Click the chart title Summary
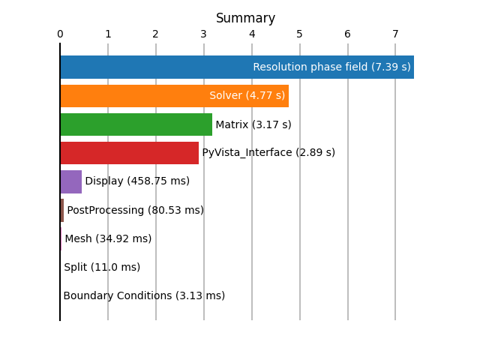[x=245, y=18]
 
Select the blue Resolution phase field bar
[x=237, y=67]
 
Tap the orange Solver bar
[x=175, y=96]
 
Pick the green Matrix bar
[x=136, y=124]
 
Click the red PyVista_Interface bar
[x=130, y=153]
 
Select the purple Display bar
[x=71, y=181]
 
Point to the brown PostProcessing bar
[x=62, y=210]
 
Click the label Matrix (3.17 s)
[x=253, y=124]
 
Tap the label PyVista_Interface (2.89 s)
[x=268, y=152]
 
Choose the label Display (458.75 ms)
[x=137, y=181]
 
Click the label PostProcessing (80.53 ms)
[x=135, y=210]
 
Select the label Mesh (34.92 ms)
[x=108, y=238]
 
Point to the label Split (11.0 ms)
[x=102, y=267]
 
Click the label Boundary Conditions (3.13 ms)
[x=144, y=295]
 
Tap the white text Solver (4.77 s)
[x=247, y=95]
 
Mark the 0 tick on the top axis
[x=60, y=34]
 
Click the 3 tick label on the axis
[x=203, y=34]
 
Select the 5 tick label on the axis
[x=299, y=34]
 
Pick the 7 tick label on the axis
[x=395, y=34]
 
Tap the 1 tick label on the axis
[x=108, y=34]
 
